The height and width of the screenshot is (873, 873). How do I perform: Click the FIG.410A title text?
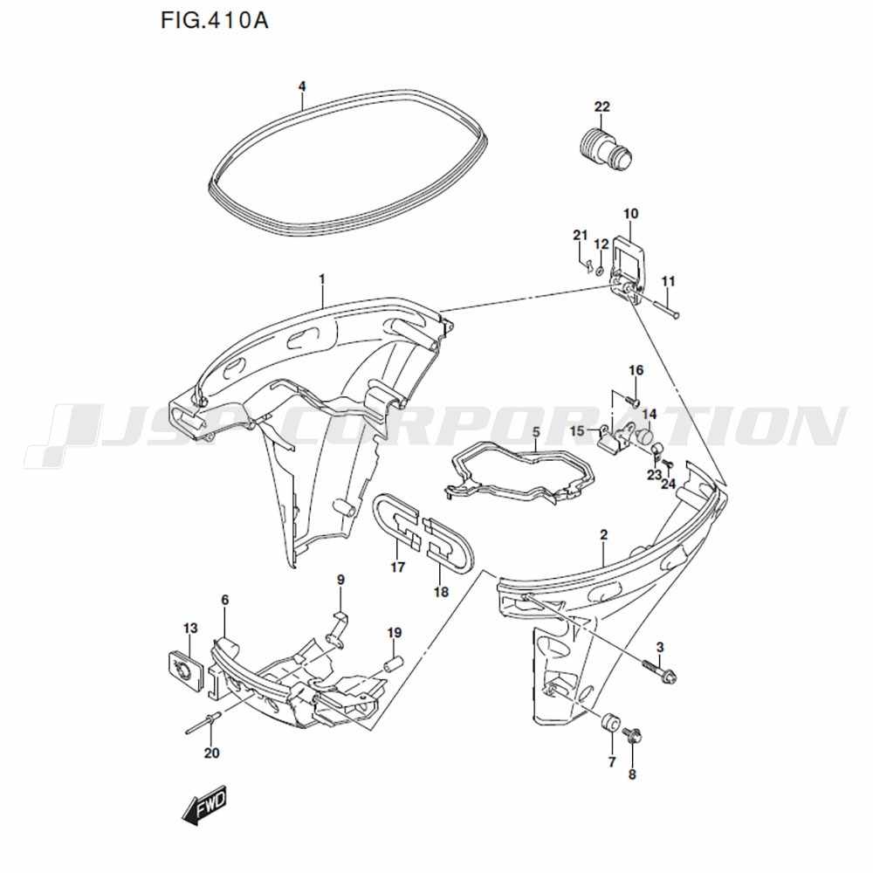point(215,21)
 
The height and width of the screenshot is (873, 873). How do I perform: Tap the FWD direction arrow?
point(204,805)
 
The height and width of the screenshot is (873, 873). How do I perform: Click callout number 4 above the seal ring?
point(302,86)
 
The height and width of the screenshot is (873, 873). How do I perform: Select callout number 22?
point(601,107)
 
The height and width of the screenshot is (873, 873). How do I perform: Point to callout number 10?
point(631,213)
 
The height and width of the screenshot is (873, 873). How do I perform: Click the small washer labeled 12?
point(600,272)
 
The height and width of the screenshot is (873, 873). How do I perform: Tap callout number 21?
point(581,236)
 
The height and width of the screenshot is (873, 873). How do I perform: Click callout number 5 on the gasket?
point(536,432)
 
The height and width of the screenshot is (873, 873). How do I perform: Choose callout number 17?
point(397,568)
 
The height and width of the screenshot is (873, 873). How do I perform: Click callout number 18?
point(441,592)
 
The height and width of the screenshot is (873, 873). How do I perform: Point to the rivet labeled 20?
point(204,723)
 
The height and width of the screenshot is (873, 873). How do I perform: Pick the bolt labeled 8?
point(634,737)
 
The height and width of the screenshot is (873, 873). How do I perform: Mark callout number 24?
point(668,484)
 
